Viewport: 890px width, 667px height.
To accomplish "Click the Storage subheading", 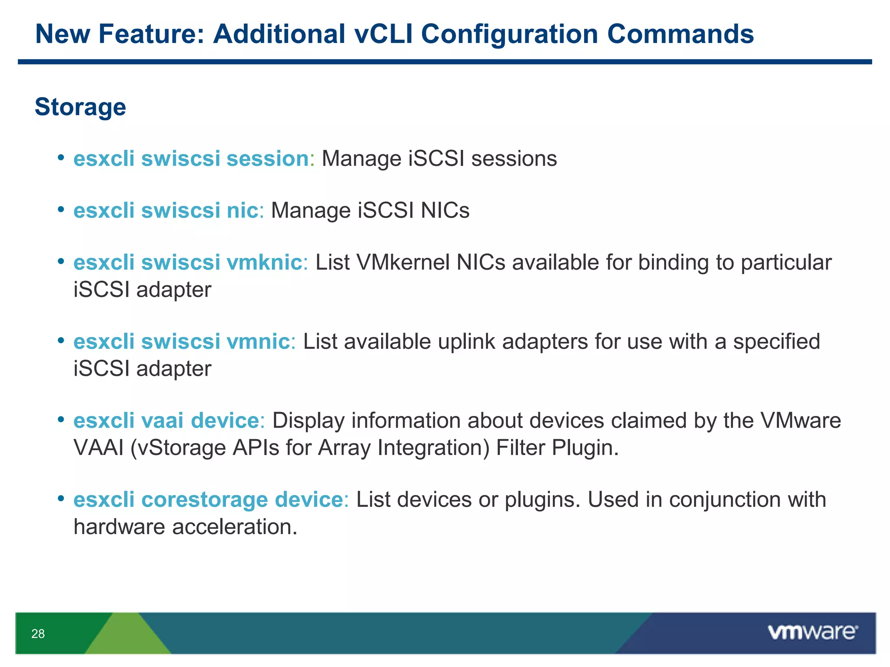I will pyautogui.click(x=80, y=107).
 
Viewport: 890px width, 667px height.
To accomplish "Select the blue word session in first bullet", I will pyautogui.click(x=267, y=158).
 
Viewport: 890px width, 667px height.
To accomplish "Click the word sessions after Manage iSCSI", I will pyautogui.click(x=514, y=158).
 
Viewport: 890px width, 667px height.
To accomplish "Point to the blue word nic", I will pyautogui.click(x=242, y=211).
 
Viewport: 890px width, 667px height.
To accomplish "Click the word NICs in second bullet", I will pyautogui.click(x=445, y=211).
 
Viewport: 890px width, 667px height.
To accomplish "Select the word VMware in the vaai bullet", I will pyautogui.click(x=800, y=421).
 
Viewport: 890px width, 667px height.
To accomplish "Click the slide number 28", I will pyautogui.click(x=38, y=634).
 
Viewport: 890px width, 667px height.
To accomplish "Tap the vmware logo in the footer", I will pyautogui.click(x=812, y=632).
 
